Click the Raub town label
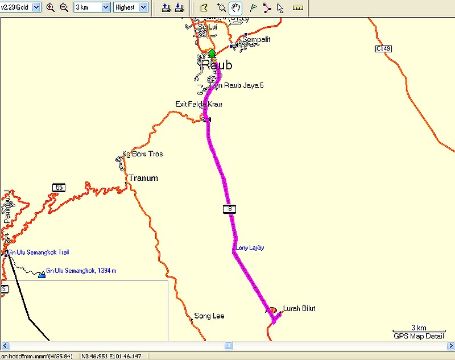pos(217,65)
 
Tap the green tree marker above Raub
pos(212,54)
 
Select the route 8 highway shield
pos(229,209)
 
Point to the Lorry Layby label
pos(250,247)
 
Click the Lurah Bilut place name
pos(299,309)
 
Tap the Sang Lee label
pos(209,316)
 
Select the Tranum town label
pos(143,178)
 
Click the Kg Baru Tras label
pos(143,154)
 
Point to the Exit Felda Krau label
pos(198,104)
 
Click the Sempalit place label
pos(256,39)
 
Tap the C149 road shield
pos(383,49)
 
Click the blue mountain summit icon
pos(42,275)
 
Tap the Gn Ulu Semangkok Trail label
pos(38,252)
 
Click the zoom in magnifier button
pos(50,7)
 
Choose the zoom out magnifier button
pos(64,7)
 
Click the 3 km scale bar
pos(419,330)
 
